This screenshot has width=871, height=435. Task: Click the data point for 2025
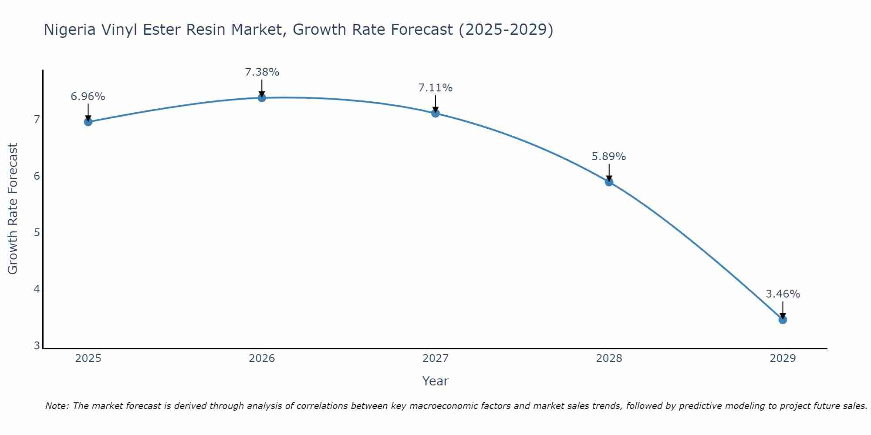tap(88, 122)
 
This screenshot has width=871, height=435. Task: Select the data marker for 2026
tap(262, 98)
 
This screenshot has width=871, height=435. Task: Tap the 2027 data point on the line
tap(435, 114)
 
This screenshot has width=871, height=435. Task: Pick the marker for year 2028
tap(609, 182)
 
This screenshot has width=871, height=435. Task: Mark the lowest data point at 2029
tap(783, 320)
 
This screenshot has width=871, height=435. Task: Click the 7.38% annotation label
tap(262, 72)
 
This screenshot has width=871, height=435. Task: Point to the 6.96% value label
tap(88, 97)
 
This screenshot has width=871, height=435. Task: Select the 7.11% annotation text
tap(435, 88)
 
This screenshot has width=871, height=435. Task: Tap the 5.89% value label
tap(609, 157)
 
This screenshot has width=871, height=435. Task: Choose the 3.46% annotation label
tap(783, 294)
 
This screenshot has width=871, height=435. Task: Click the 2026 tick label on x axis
tap(262, 358)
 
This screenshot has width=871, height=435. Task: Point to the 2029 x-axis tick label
tap(783, 358)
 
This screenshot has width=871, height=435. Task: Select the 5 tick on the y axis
tap(37, 232)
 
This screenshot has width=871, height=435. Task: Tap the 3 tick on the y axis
tap(37, 346)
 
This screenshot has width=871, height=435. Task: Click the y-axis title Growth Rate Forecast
tap(13, 209)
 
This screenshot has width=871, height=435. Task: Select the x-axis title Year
tap(435, 381)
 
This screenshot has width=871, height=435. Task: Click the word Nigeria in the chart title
tap(70, 30)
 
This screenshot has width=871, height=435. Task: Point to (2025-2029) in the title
tap(506, 30)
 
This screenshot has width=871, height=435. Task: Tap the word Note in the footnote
tap(57, 406)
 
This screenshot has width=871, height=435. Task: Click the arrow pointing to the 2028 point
tap(609, 172)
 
